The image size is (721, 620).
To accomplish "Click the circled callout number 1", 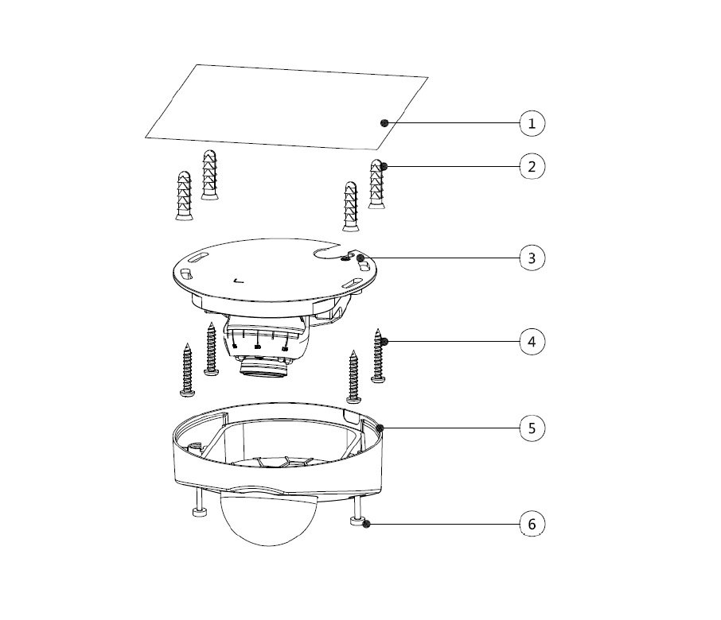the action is pos(532,123).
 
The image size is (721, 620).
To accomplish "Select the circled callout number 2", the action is pos(532,166).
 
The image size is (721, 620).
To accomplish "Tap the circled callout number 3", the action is pos(532,258).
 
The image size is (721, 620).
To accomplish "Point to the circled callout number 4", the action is pos(532,342).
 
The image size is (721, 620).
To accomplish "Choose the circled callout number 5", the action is pos(532,428).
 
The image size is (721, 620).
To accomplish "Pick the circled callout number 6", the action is pos(532,524).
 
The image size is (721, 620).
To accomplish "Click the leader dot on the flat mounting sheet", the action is pos(385,122).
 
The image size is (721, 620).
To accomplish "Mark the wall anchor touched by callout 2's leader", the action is pos(376,184).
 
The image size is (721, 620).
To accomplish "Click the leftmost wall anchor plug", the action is pos(184,196).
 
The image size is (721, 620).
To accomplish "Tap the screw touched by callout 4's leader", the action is pos(378,356).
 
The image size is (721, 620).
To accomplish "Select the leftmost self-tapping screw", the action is pos(187,370).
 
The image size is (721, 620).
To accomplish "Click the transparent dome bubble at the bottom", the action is pos(268,517).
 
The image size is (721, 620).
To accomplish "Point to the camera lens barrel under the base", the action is pos(263,366).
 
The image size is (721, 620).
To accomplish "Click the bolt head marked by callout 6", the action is pos(357,521).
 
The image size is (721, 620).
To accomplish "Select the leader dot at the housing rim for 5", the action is pos(380,428).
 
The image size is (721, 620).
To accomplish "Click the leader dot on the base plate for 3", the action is pos(360,258).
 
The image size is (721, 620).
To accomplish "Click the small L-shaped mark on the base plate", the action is pos(238,281).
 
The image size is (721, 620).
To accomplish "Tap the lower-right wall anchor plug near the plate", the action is pos(351,206).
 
